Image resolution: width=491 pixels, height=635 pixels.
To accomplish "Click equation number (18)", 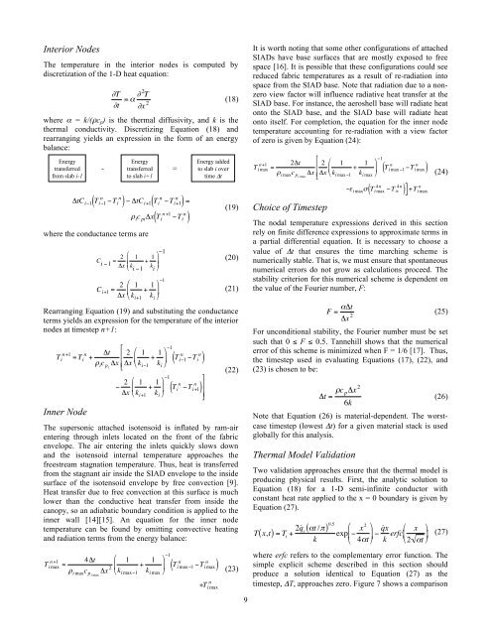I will coord(227,101).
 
